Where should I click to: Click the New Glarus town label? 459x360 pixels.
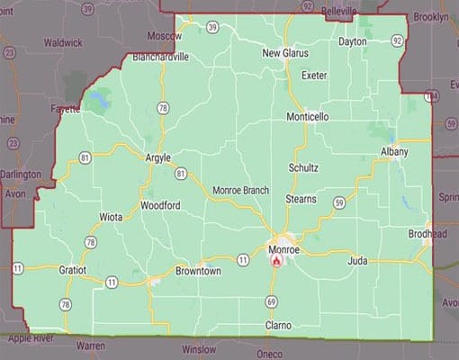pos(284,53)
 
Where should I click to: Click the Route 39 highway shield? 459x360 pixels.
pos(212,28)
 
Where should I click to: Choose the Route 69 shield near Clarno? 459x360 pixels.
pos(271,301)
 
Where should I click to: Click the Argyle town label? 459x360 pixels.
pos(157,158)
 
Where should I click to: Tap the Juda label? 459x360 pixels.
pos(358,261)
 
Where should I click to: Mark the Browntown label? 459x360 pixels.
pos(198,270)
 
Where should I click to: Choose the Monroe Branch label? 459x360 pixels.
pos(240,191)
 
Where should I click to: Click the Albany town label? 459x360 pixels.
pos(394,152)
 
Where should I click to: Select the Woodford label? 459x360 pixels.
pos(160,205)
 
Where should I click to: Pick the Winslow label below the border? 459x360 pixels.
pos(198,347)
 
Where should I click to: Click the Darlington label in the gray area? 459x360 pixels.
pos(21,174)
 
